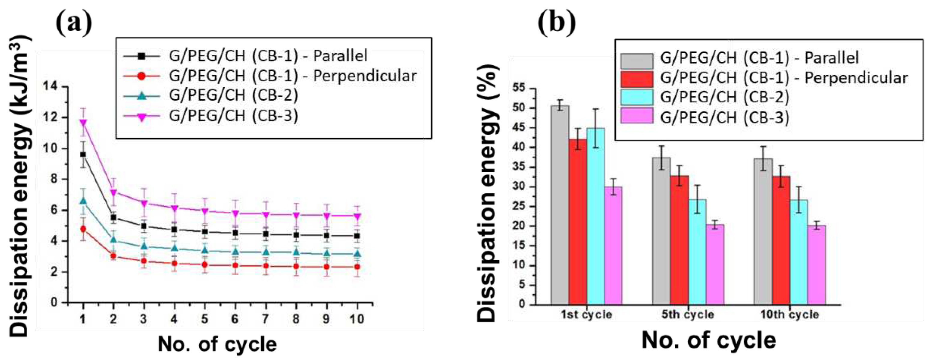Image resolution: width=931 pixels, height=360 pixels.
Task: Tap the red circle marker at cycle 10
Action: click(x=357, y=267)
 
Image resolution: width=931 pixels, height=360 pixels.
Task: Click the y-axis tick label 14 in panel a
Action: click(x=50, y=87)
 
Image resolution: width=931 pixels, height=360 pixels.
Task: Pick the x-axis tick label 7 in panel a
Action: click(x=266, y=319)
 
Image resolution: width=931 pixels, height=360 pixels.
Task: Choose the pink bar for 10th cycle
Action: click(x=817, y=265)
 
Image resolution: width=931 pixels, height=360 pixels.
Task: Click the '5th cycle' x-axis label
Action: click(x=688, y=314)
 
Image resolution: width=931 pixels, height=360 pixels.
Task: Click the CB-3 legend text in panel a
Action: click(x=233, y=116)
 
